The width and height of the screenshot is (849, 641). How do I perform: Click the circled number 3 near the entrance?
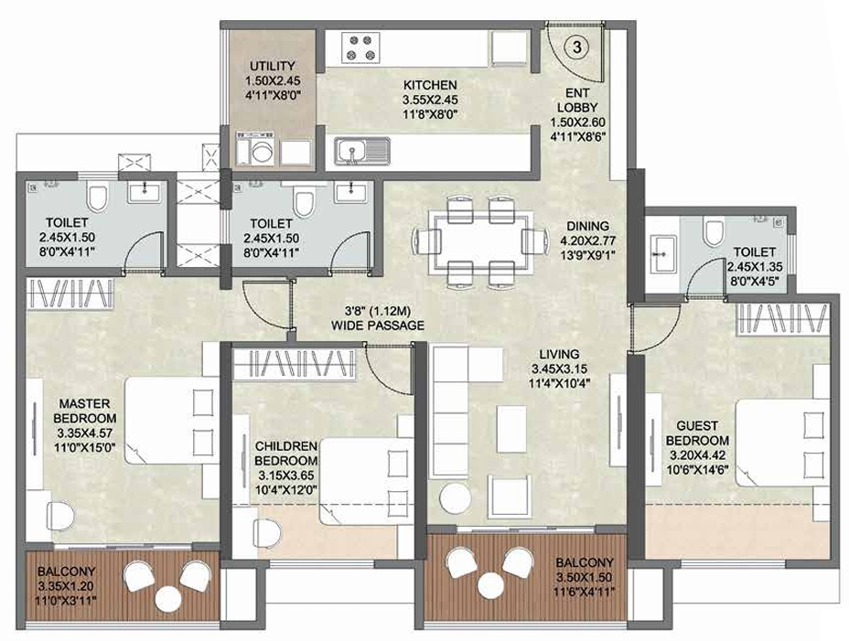[577, 48]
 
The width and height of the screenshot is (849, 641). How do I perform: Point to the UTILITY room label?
[273, 66]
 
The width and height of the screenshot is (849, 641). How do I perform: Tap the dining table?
[479, 240]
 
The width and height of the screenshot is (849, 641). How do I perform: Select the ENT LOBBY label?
[577, 101]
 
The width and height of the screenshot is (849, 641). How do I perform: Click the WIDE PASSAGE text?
[378, 326]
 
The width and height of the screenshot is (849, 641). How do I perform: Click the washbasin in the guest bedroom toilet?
[661, 253]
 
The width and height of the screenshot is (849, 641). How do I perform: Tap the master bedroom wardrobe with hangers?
[70, 294]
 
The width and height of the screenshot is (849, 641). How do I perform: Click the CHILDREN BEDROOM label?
[285, 454]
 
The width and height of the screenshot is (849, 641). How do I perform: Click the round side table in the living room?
[455, 497]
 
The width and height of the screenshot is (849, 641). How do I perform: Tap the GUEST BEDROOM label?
[697, 433]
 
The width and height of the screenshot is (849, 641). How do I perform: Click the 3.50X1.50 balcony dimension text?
[585, 577]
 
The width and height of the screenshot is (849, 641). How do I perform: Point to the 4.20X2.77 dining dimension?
[587, 240]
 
